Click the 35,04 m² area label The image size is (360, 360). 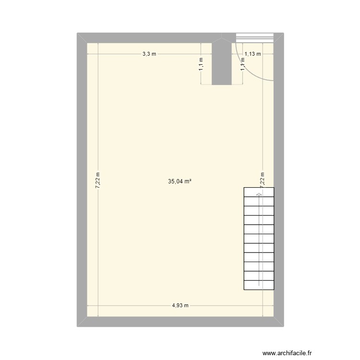(180, 182)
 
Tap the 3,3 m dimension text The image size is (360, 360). (149, 54)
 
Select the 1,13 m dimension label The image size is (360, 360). (252, 54)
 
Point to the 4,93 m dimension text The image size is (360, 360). (180, 305)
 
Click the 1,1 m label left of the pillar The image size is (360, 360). (201, 64)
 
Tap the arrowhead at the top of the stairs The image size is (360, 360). (259, 194)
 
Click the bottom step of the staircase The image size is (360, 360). (259, 285)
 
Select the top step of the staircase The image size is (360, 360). (259, 192)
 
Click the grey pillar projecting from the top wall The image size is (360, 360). (221, 62)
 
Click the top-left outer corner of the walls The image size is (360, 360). (77, 33)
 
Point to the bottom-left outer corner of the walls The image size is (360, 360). (77, 326)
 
